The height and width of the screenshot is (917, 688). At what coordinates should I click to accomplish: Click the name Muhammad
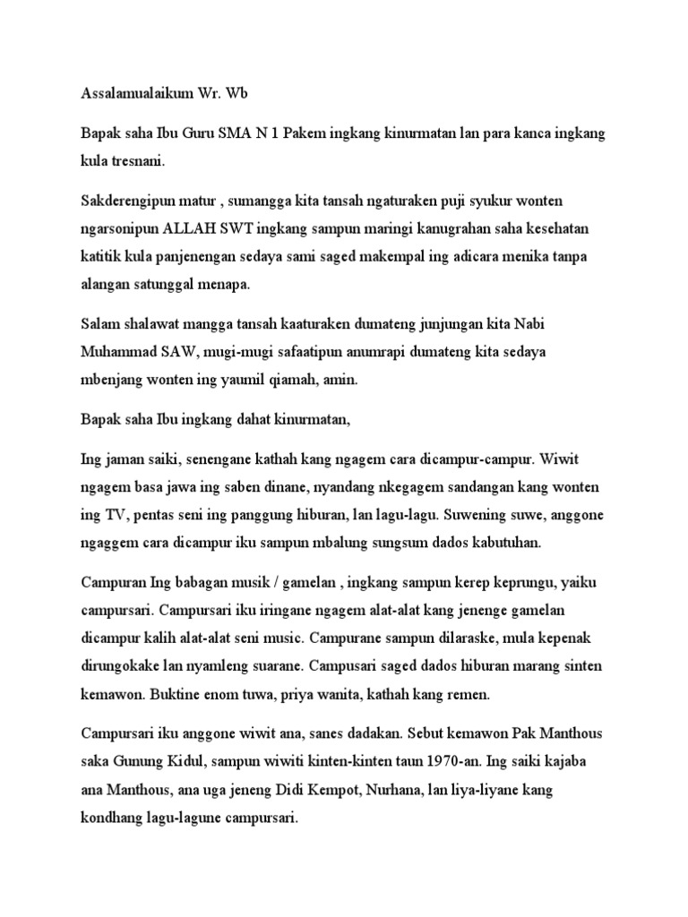point(121,351)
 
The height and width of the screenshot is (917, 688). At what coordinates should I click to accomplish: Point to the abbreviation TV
point(106,516)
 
